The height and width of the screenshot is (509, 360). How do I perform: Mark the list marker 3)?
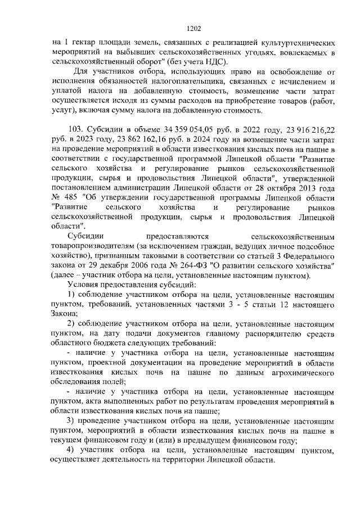tap(72, 422)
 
